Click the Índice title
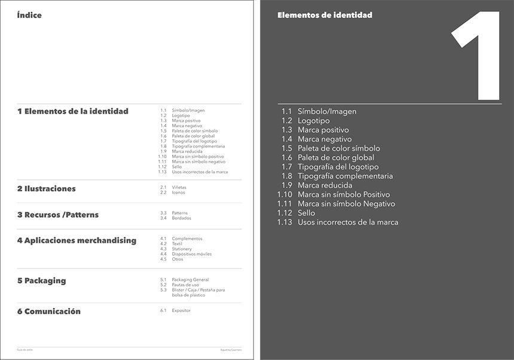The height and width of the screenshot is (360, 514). [29, 16]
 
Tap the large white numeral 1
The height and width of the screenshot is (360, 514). [481, 57]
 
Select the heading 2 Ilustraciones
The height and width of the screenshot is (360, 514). [47, 189]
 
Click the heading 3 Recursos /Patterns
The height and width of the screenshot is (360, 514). [57, 215]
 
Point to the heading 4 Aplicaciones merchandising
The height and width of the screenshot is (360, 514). [77, 240]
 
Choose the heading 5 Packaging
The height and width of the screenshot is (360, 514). [41, 280]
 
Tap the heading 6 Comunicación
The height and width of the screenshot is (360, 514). [48, 311]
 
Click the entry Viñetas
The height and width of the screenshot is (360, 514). [179, 187]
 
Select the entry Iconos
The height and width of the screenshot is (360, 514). [178, 193]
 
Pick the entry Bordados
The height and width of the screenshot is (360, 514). [181, 218]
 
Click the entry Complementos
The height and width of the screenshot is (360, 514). [187, 239]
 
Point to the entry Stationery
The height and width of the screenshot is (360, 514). [182, 249]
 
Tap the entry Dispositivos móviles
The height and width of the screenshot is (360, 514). [191, 254]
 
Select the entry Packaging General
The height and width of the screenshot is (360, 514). [190, 280]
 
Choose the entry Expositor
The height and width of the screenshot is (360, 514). [181, 310]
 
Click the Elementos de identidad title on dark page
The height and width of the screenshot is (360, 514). [325, 15]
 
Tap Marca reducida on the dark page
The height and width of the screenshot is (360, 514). [325, 185]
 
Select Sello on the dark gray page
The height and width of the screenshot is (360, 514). [306, 213]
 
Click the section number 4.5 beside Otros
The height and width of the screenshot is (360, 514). [163, 259]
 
